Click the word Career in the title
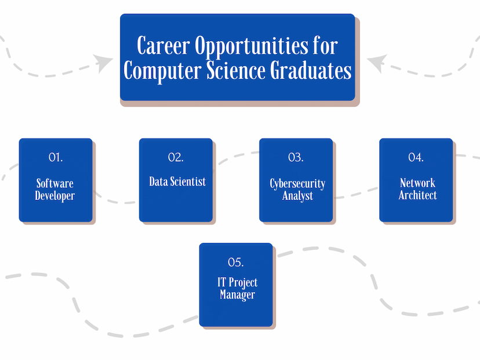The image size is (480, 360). [x=163, y=46]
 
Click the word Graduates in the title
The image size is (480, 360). [x=311, y=70]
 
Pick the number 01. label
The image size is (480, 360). [x=56, y=157]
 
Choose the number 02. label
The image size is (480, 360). [x=176, y=157]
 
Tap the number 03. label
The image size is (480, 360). [x=296, y=157]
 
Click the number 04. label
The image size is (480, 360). [x=416, y=157]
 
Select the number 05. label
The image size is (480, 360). [x=236, y=262]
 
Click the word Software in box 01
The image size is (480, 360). [x=55, y=183]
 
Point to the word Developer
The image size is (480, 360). [x=55, y=196]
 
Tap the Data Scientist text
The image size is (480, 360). [x=177, y=181]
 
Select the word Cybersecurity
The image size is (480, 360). [x=297, y=184]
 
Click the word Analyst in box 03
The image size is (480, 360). [x=297, y=196]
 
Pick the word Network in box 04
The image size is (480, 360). [x=417, y=183]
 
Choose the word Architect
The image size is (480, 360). [x=417, y=195]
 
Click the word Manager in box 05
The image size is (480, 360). [x=237, y=294]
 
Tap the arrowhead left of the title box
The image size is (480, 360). [x=103, y=63]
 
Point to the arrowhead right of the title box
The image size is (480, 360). [x=377, y=63]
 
